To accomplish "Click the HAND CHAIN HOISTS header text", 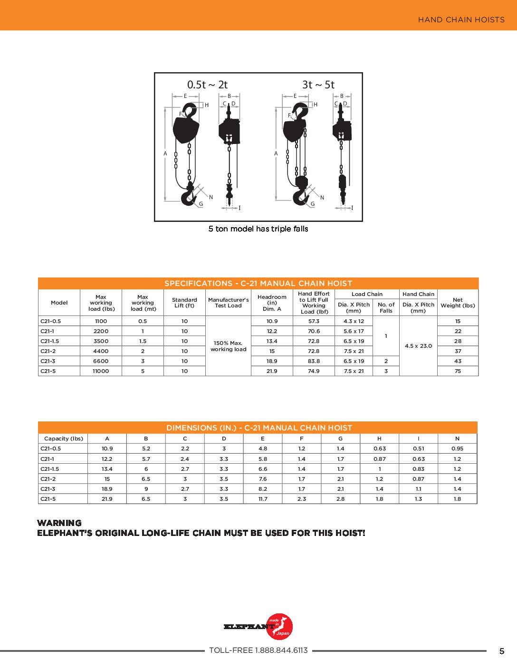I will tap(461, 19).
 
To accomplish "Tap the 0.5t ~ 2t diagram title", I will tap(207, 85).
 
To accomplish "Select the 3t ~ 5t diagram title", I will tap(318, 85).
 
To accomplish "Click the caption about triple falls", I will tap(258, 229).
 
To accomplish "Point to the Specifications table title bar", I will tap(258, 283).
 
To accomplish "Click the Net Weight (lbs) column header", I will tap(458, 303).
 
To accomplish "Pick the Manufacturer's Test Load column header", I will tap(228, 303).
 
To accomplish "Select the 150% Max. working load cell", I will tap(228, 346).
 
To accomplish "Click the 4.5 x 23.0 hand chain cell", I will tap(418, 346).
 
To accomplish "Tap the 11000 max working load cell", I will tap(101, 371).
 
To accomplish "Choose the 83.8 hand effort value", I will tap(314, 361).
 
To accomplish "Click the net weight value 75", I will tap(458, 371).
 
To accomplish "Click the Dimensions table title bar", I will tap(259, 428).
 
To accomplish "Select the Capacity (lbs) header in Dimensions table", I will tap(63, 439).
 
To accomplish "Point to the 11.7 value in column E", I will tap(263, 499).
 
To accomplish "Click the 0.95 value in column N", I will tap(457, 449).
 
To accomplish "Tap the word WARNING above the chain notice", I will tap(59, 523).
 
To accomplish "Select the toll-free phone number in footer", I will tap(258, 650).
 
